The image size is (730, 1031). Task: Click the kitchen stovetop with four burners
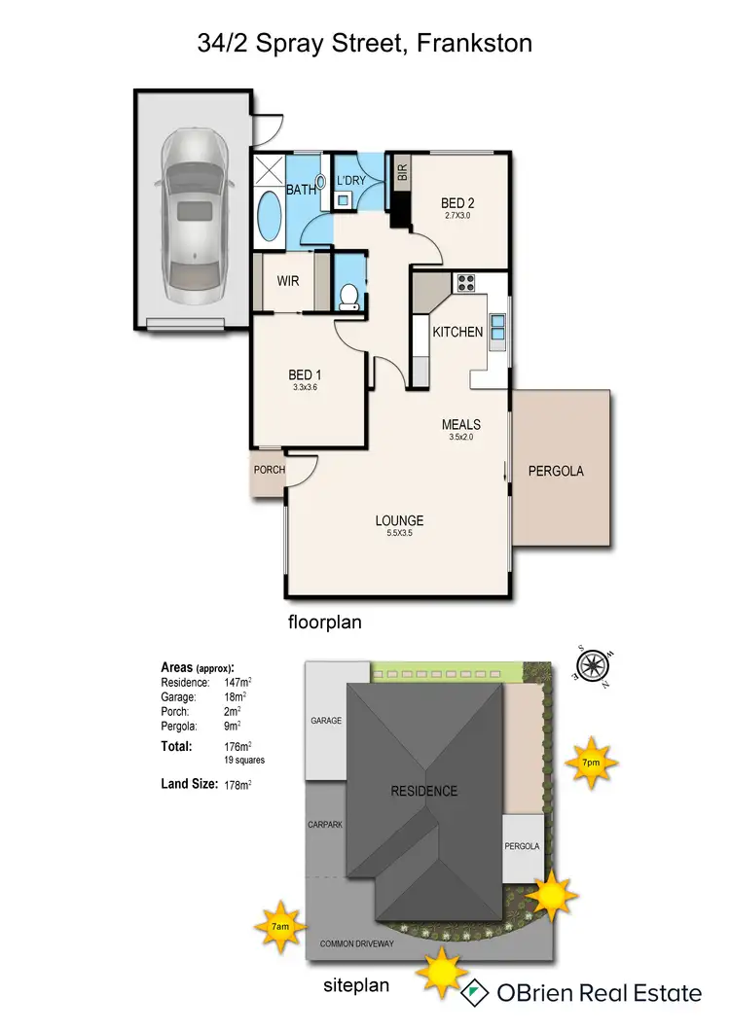466,284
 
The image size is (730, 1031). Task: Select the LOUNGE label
399,520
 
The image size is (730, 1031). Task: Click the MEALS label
461,424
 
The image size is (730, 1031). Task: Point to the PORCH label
269,471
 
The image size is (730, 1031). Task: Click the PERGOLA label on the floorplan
556,471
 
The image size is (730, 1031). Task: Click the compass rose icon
590,665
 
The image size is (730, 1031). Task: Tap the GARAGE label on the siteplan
326,722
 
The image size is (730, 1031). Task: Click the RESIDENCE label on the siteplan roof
423,790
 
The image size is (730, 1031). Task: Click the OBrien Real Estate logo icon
474,992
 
